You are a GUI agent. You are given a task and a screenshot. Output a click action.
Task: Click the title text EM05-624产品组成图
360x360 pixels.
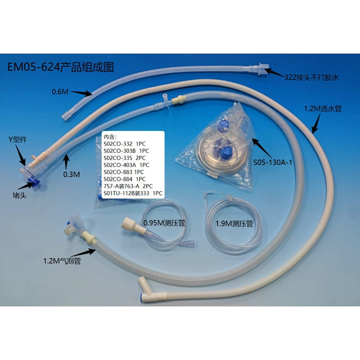[61, 67]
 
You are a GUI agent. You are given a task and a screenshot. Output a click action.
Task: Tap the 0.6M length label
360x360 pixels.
[60, 92]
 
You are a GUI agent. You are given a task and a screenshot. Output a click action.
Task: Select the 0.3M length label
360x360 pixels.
[72, 175]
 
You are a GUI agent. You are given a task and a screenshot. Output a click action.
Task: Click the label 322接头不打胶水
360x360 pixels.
[311, 77]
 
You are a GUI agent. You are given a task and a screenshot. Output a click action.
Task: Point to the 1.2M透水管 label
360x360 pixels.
[323, 108]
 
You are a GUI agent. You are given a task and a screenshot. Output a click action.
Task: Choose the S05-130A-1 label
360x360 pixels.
[273, 162]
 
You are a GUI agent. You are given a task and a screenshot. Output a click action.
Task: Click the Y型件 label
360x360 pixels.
[18, 139]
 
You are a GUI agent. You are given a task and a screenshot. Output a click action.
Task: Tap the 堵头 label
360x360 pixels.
[19, 195]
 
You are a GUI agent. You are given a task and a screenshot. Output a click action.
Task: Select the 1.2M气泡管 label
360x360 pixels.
[62, 261]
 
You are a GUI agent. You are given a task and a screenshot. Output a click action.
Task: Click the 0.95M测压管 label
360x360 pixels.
[164, 223]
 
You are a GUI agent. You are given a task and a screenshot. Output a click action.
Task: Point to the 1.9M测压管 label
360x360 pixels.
[234, 224]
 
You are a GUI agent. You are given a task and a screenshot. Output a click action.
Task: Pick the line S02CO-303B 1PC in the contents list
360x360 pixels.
[126, 151]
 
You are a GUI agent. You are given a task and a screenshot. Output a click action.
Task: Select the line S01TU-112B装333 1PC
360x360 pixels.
[133, 193]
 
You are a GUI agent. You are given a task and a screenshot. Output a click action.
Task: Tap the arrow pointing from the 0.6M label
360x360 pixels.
[81, 93]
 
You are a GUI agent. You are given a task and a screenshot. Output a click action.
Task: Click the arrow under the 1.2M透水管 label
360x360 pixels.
[316, 123]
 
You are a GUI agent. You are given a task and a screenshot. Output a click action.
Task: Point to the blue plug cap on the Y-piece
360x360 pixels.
[35, 181]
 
